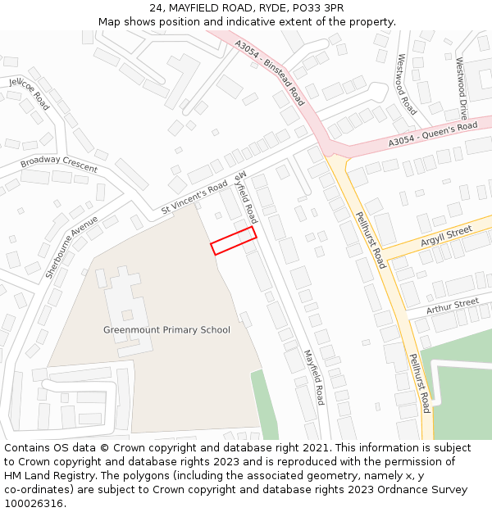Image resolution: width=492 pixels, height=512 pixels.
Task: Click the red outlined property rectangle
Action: pos(234,241)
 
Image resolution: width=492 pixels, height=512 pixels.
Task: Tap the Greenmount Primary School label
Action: pos(166,329)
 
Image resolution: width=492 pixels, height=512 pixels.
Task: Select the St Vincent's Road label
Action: pos(194,198)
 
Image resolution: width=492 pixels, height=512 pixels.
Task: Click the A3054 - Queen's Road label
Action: pos(433,134)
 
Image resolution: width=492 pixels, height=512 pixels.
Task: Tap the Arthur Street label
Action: pos(453,306)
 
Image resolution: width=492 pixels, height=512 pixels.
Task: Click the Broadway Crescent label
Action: pos(59,163)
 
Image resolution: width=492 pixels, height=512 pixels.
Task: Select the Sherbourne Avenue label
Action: pos(72,247)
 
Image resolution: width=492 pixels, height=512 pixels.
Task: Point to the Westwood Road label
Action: pos(406,84)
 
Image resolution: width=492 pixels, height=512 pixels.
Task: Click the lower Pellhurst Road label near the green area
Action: pos(420,383)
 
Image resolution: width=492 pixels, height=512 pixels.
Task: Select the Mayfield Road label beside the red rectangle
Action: pos(245,197)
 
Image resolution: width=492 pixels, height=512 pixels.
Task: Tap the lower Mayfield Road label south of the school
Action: pos(313,377)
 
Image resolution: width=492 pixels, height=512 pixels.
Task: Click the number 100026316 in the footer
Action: pos(33,503)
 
